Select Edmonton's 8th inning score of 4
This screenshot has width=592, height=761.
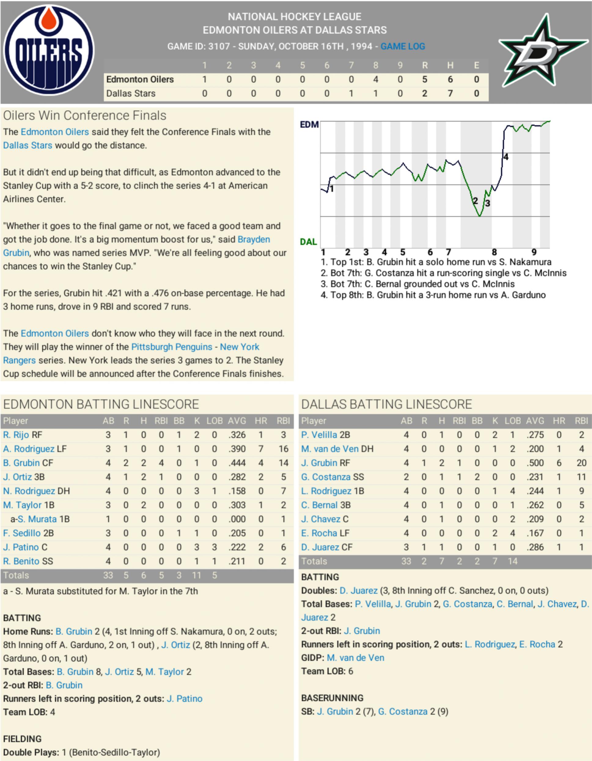click(376, 79)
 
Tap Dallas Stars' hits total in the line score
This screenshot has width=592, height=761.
click(450, 93)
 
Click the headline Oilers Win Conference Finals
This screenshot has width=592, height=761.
click(85, 115)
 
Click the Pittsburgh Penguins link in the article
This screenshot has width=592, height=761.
click(171, 347)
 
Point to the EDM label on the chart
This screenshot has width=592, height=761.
click(309, 124)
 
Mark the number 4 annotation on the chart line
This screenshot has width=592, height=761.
click(506, 157)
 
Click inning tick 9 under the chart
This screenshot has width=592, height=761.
click(534, 252)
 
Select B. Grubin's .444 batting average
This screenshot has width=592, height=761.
click(237, 463)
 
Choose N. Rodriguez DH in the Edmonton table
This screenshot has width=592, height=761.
click(37, 491)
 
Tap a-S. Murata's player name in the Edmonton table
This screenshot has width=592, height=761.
click(37, 519)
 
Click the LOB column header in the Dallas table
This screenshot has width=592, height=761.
click(513, 421)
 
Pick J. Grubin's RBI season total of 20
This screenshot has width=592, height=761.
click(581, 463)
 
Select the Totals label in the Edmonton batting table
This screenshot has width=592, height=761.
click(16, 575)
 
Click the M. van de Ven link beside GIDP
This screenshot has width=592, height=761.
click(355, 657)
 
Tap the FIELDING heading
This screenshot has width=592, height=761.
click(22, 739)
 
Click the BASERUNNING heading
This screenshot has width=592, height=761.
click(332, 698)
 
